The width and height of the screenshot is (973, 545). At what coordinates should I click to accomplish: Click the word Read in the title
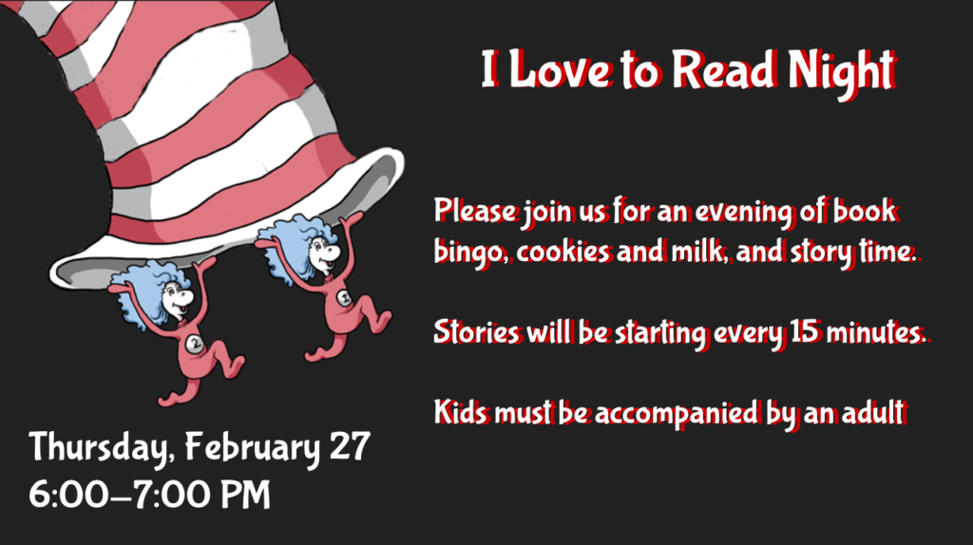[x=724, y=69]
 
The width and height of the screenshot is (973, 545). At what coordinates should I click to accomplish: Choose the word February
[x=252, y=448]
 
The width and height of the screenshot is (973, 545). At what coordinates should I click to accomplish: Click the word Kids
[x=461, y=412]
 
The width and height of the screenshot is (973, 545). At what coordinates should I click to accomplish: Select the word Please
[x=475, y=211]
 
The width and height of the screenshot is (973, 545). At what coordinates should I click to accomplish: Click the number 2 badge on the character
[x=196, y=343]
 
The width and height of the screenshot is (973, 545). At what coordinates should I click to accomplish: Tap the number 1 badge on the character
[x=344, y=298]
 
